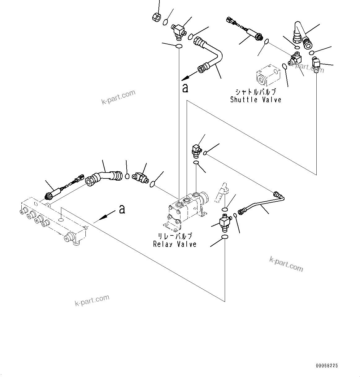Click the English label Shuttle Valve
click(256, 100)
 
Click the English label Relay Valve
click(175, 244)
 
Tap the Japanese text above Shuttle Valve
click(256, 92)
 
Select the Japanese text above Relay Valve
click(175, 237)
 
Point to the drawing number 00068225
click(327, 366)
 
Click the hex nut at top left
click(157, 17)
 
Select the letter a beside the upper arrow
click(185, 88)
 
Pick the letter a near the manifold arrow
click(122, 209)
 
